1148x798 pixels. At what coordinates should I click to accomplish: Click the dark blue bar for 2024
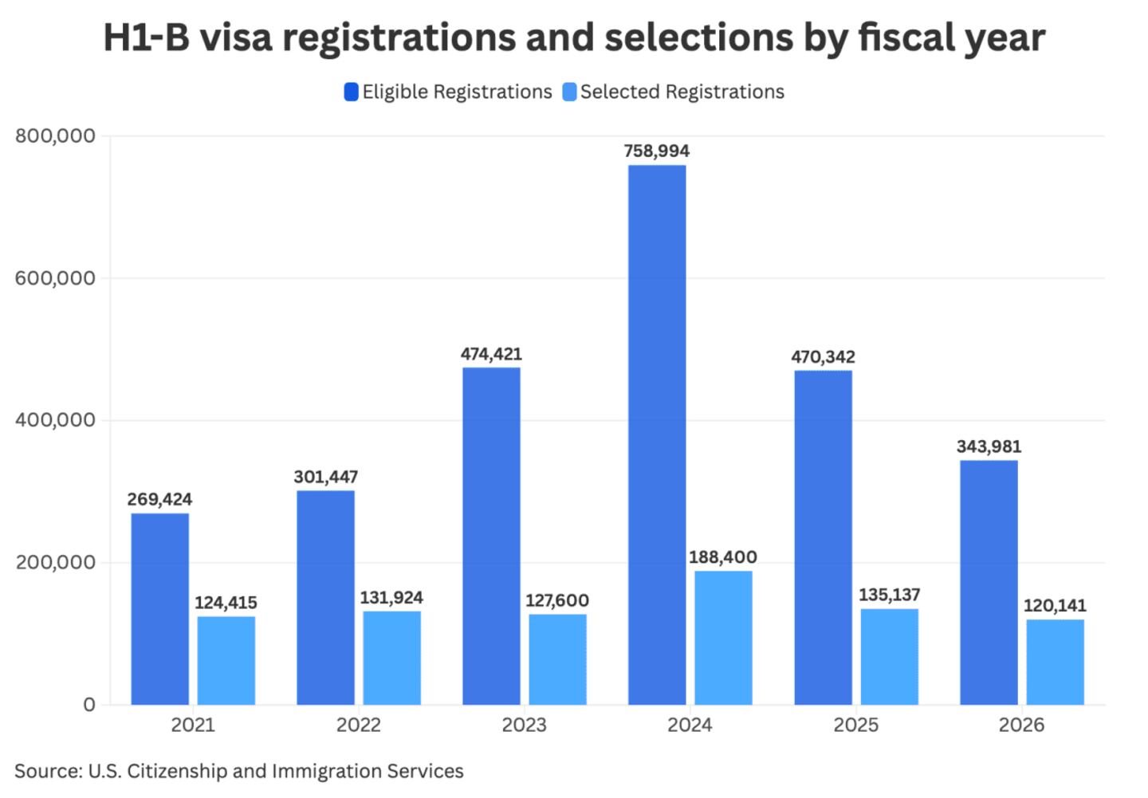[657, 434]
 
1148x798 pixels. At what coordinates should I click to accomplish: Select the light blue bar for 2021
[226, 660]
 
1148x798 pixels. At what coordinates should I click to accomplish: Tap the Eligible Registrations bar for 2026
[989, 582]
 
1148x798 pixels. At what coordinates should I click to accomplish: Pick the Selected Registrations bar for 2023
[557, 659]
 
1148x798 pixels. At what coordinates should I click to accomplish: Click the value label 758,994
[657, 151]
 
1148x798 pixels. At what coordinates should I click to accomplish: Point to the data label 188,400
[723, 557]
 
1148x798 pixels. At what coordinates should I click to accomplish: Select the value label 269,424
[159, 500]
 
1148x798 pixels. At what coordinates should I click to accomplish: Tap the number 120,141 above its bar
[1055, 606]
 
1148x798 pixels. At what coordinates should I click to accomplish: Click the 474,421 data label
[491, 354]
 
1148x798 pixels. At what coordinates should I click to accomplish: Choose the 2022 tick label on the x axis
[359, 725]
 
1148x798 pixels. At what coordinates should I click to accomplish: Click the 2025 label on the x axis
[856, 725]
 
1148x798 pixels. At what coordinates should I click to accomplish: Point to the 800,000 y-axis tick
[55, 136]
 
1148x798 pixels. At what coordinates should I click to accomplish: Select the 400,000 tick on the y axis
[55, 420]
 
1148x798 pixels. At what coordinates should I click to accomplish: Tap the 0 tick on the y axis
[88, 705]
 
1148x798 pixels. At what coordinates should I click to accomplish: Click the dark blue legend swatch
[351, 92]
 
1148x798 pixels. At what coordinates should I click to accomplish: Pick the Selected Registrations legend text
[682, 92]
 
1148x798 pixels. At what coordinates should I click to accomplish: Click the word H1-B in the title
[147, 37]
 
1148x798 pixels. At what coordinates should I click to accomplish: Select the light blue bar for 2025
[889, 657]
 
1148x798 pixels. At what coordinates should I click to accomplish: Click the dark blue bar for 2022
[325, 597]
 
